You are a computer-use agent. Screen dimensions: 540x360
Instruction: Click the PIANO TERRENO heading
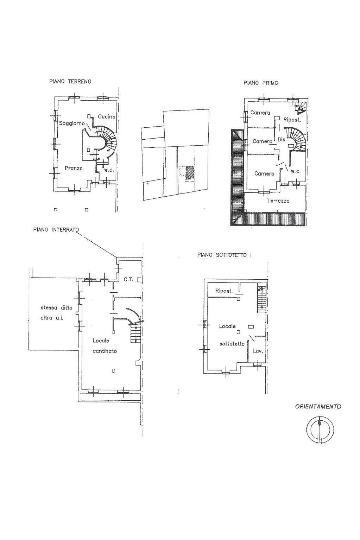(70, 81)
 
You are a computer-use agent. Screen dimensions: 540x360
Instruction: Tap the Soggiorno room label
(72, 123)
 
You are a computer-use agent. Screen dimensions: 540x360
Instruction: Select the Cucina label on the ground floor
(107, 116)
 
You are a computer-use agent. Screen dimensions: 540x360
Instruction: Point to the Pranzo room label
(74, 169)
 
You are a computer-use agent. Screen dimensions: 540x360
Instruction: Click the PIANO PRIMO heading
(261, 83)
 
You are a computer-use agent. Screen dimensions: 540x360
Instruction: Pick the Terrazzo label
(278, 201)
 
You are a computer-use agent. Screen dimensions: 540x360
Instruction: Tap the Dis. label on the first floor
(282, 140)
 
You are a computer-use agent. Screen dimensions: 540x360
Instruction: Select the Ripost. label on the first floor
(292, 120)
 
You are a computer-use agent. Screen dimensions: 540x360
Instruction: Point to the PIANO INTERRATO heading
(56, 230)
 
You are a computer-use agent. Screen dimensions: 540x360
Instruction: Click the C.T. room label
(128, 279)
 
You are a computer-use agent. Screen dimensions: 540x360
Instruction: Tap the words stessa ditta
(57, 307)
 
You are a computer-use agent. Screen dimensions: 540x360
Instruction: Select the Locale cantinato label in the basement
(105, 345)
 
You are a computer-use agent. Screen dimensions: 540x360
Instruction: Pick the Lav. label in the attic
(258, 351)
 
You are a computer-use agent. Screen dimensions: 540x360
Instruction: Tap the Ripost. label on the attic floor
(224, 291)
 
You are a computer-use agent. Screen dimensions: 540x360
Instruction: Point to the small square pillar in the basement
(113, 370)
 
